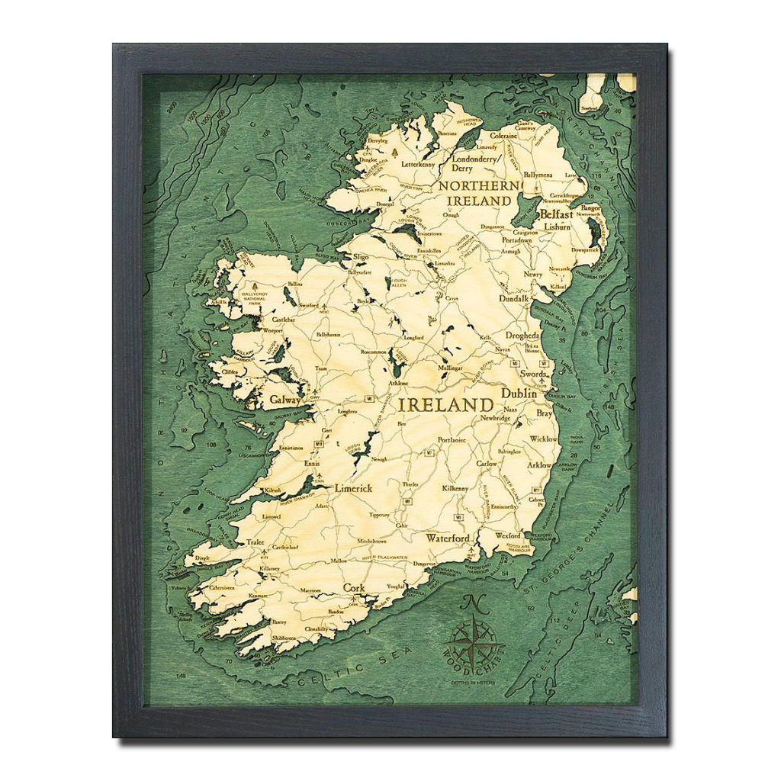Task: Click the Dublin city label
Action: point(519,394)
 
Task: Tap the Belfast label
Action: point(556,214)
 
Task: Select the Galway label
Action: point(282,398)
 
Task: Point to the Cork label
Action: point(354,587)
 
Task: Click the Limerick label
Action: point(352,488)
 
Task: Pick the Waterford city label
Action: point(448,538)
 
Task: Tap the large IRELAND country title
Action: point(445,404)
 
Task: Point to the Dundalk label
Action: point(514,299)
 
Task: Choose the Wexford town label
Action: point(508,536)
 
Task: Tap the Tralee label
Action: point(255,542)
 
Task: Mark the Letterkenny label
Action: point(417,164)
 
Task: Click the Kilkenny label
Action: point(455,488)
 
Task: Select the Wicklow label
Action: point(543,439)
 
